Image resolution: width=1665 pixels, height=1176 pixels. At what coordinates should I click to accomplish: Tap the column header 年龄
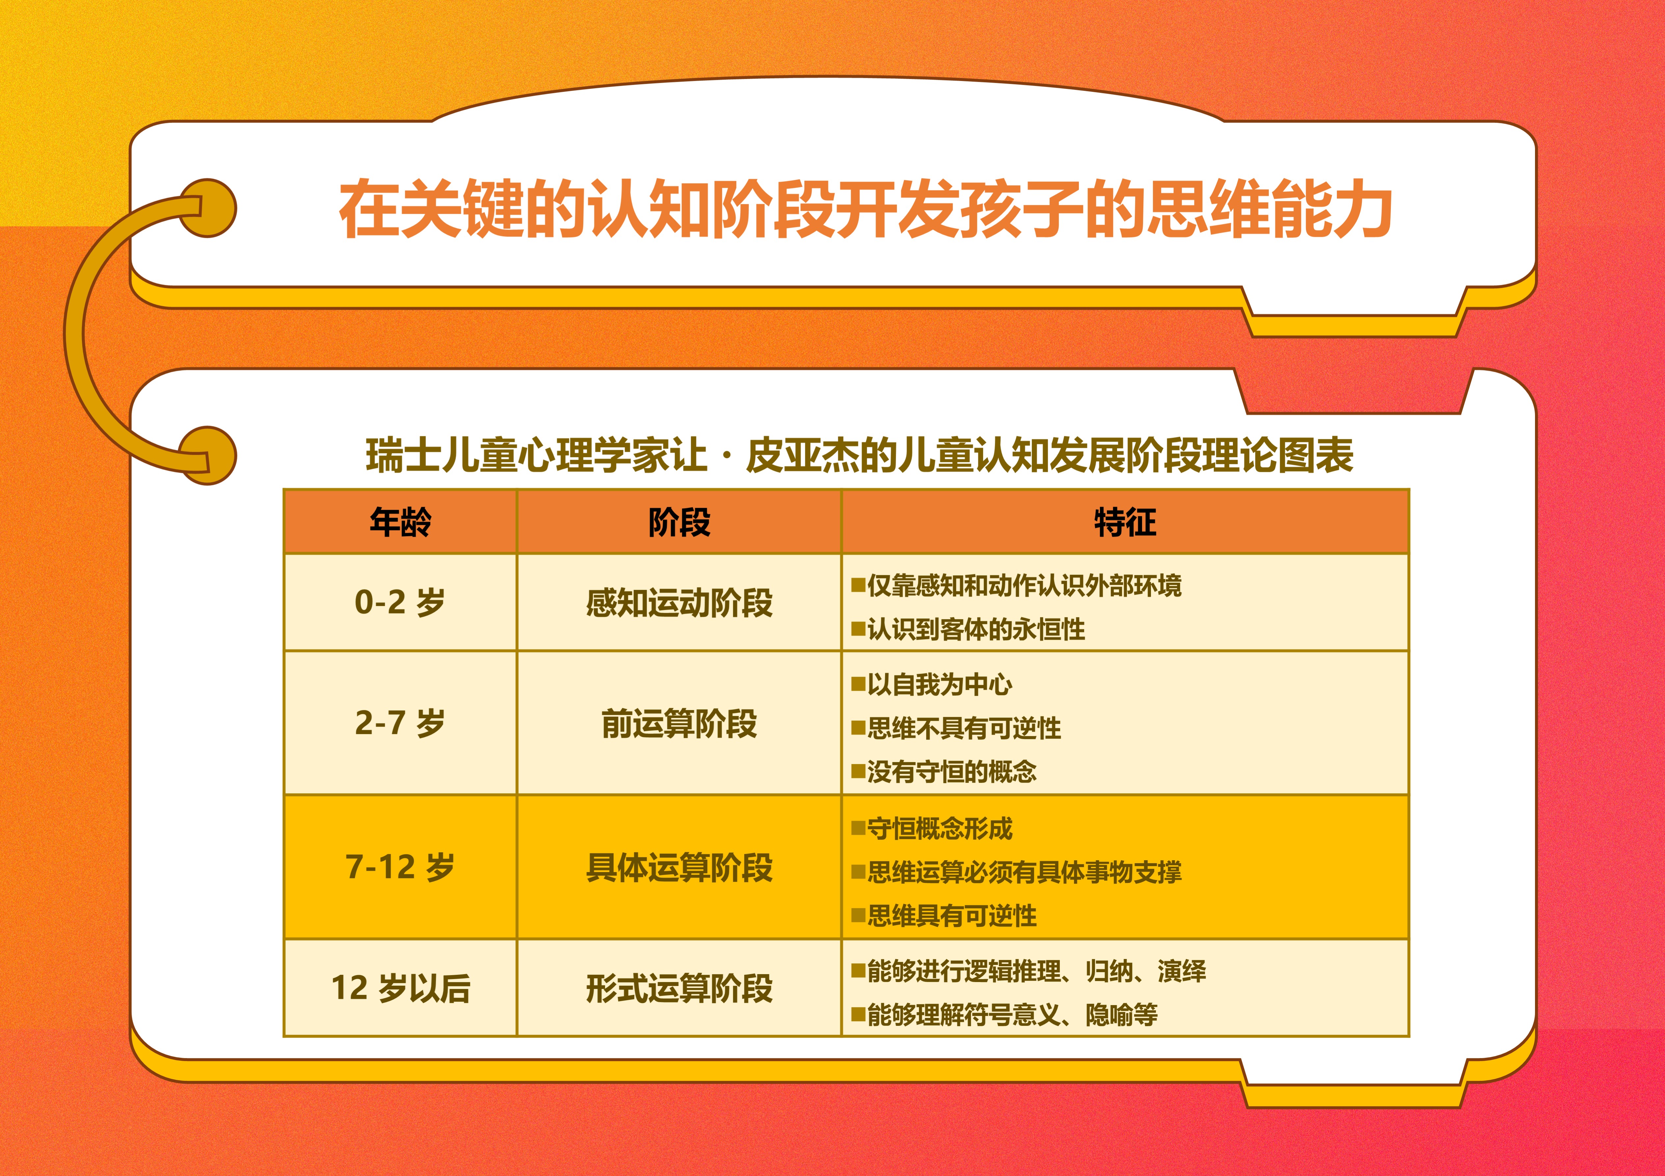tap(400, 522)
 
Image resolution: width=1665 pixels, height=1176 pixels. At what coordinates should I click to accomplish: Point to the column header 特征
tap(1125, 522)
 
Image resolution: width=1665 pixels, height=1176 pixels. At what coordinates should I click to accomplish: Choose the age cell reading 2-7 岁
tap(400, 723)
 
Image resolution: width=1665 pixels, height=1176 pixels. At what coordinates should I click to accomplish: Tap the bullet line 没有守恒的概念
tap(951, 771)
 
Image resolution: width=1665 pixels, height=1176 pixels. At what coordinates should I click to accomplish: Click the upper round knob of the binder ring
tap(208, 208)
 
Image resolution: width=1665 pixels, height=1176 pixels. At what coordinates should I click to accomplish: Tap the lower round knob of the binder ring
tap(208, 455)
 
